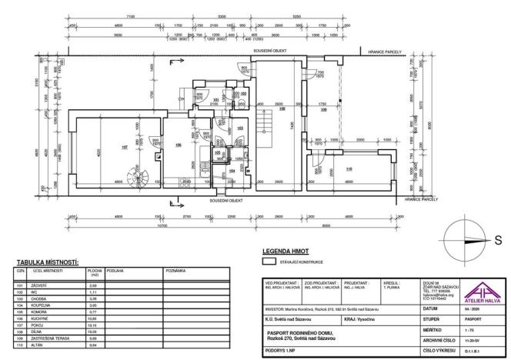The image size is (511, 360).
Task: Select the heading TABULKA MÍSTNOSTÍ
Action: (x=46, y=262)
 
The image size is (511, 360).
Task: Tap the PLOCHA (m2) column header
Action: (x=95, y=272)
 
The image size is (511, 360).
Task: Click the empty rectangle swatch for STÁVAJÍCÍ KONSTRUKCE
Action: (x=269, y=262)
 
